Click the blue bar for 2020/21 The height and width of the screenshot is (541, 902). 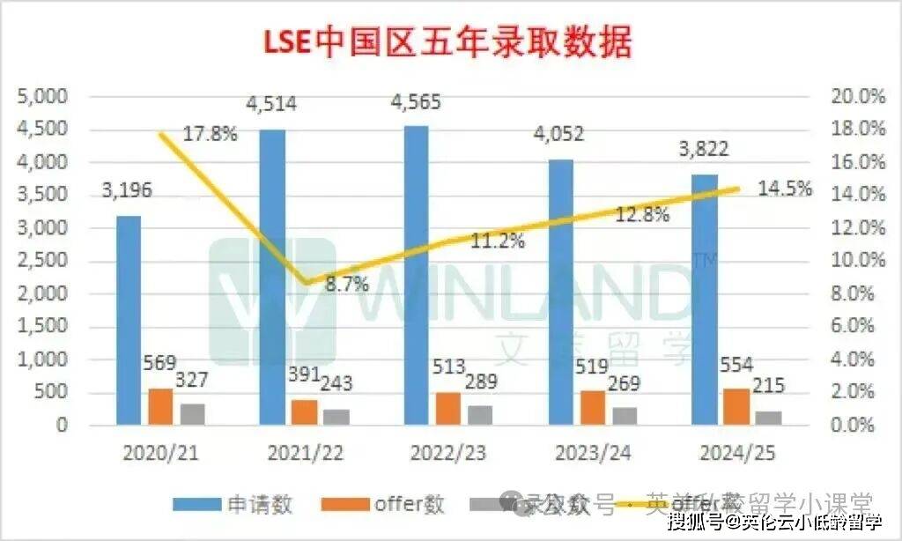pos(129,321)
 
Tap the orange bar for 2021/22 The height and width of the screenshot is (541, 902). pos(304,412)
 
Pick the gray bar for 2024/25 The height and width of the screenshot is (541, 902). pos(768,418)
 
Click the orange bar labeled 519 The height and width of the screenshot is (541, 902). pos(592,408)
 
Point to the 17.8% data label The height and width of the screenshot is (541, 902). pos(211,135)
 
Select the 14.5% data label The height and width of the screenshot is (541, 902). pos(784,189)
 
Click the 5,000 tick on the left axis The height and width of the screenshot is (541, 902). pos(43,96)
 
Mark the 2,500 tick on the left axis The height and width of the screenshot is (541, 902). pos(43,261)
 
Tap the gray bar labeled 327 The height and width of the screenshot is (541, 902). pos(193,414)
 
